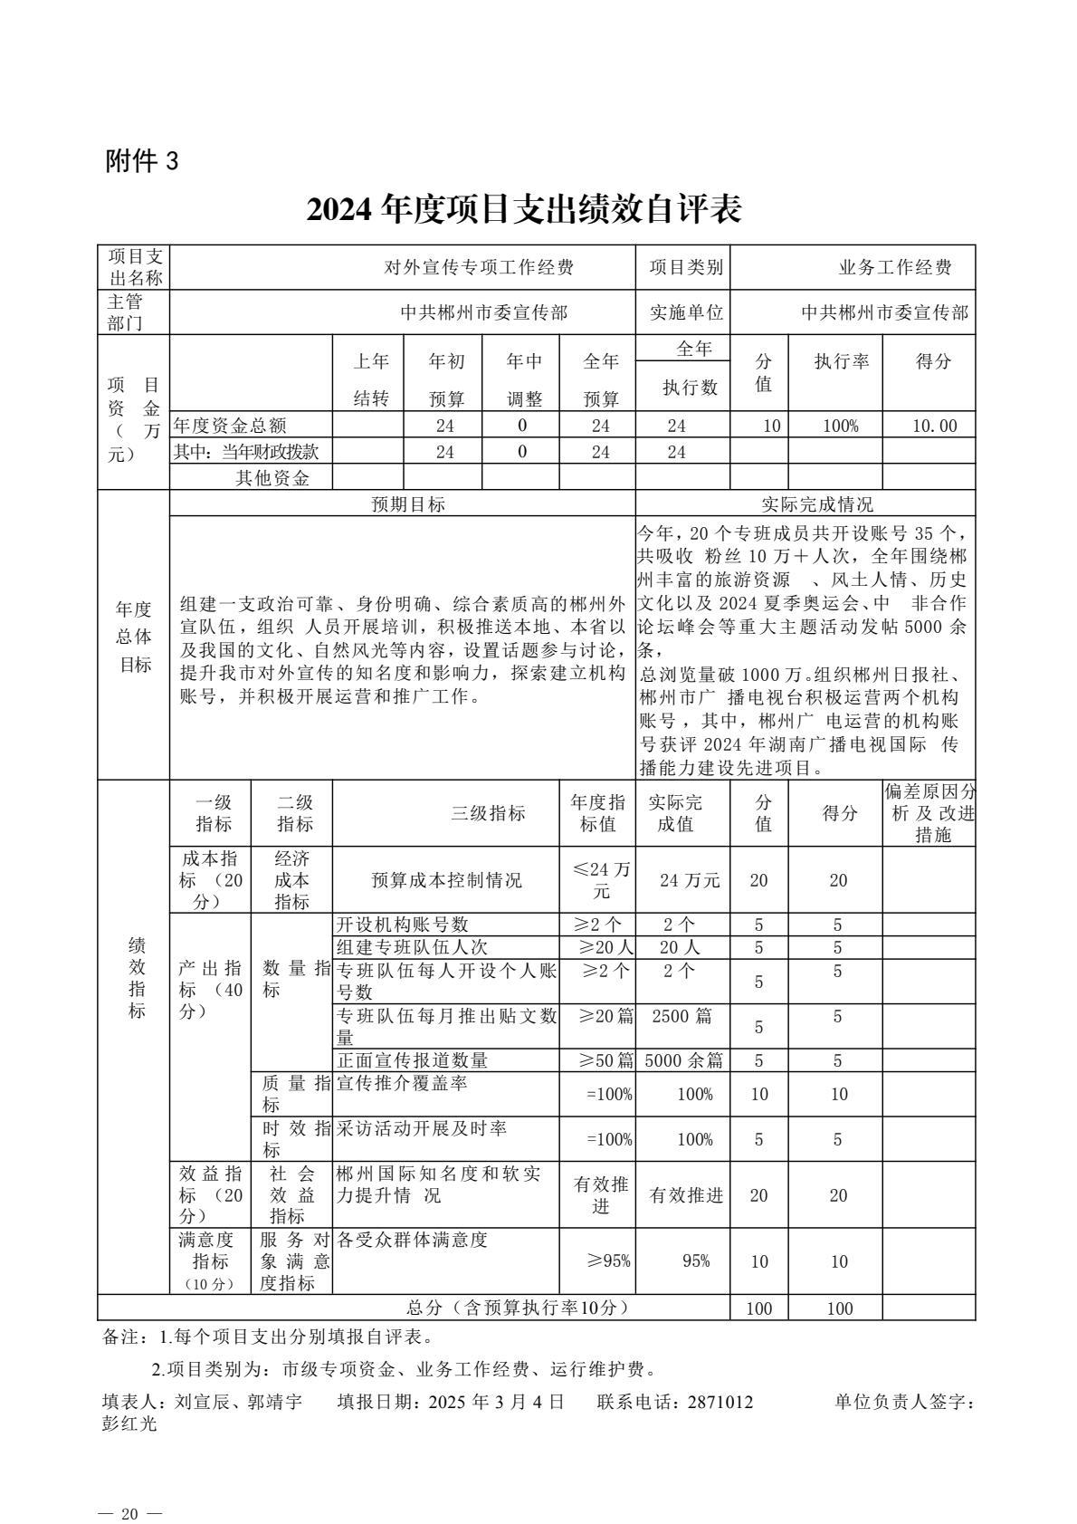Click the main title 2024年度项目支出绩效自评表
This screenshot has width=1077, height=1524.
click(x=524, y=210)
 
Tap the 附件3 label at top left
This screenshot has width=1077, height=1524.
click(x=142, y=161)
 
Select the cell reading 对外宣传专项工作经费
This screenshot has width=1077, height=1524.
click(x=479, y=267)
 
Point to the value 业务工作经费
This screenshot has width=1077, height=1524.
click(x=895, y=267)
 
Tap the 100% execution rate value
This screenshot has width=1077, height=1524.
click(x=840, y=426)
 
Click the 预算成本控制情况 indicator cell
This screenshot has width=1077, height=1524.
click(x=446, y=880)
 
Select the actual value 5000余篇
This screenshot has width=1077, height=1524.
click(x=683, y=1060)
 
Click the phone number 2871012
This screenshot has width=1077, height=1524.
click(x=720, y=1402)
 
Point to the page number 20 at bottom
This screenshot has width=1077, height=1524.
click(x=130, y=1490)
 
